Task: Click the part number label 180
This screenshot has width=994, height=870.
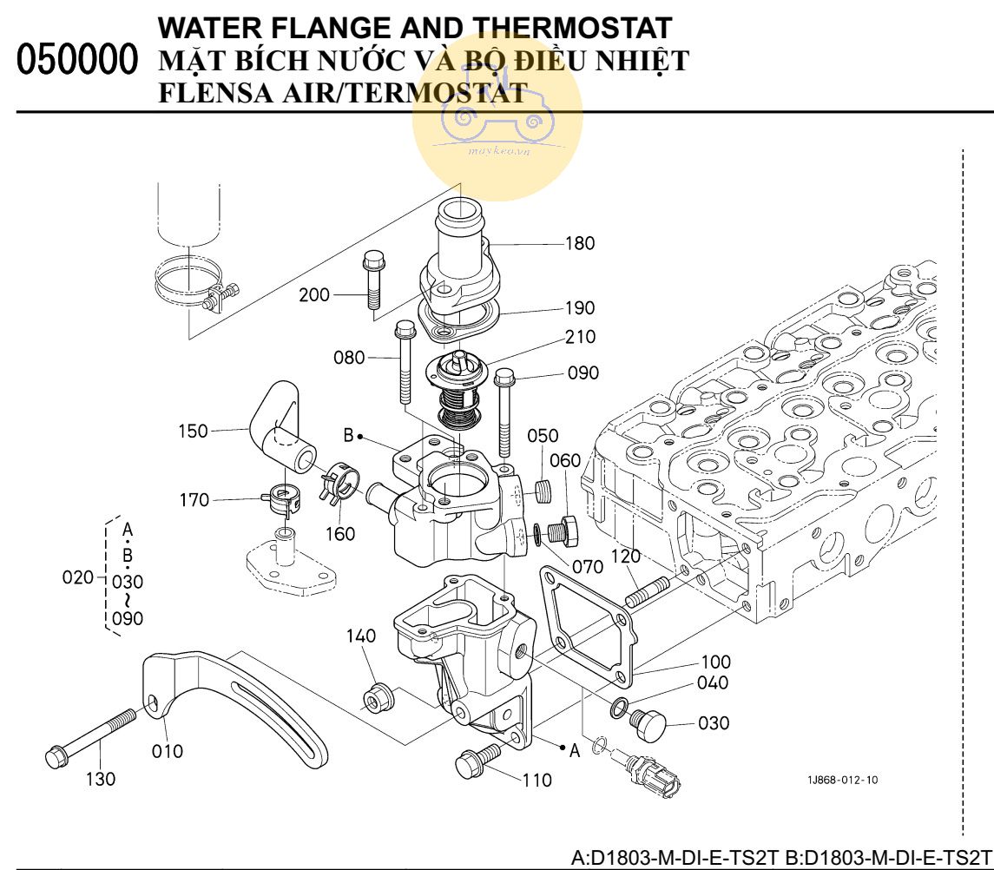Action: coord(580,243)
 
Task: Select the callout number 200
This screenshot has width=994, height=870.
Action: coord(314,295)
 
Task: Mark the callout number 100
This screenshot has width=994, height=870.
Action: coord(715,662)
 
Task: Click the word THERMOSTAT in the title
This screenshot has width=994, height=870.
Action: coord(565,29)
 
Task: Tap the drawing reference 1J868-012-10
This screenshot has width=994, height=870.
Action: coord(842,780)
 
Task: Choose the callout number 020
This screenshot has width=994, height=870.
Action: coord(77,577)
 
